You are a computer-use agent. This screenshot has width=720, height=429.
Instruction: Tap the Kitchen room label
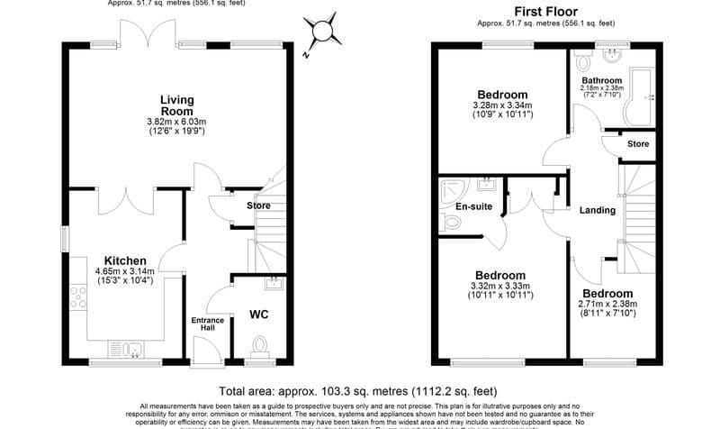(x=124, y=260)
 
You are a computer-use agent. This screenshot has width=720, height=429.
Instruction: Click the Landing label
(x=598, y=210)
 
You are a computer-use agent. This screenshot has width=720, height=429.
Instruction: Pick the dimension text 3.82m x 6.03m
(x=176, y=122)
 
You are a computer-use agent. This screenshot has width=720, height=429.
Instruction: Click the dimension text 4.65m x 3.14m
(x=124, y=270)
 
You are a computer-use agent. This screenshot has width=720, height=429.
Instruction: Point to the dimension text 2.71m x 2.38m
(x=607, y=305)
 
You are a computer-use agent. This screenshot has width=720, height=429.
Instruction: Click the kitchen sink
(x=123, y=348)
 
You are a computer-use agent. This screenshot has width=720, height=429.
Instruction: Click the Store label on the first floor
(x=638, y=143)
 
